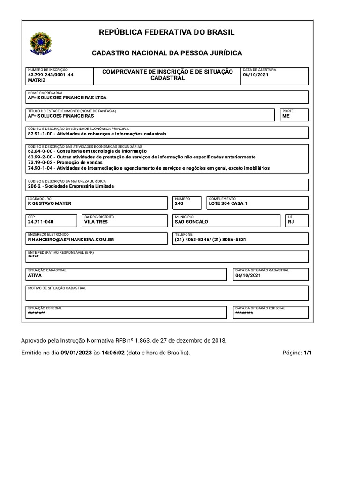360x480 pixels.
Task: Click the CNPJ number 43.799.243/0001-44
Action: pyautogui.click(x=51, y=75)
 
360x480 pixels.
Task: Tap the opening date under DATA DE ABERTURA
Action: pyautogui.click(x=255, y=75)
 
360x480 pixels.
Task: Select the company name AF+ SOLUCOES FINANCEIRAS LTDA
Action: pyautogui.click(x=67, y=98)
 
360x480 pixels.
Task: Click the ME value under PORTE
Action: pyautogui.click(x=286, y=116)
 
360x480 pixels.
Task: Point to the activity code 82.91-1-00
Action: pyautogui.click(x=40, y=134)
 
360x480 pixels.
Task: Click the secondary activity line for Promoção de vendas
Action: pyautogui.click(x=65, y=163)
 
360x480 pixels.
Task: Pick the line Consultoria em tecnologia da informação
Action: pyautogui.click(x=87, y=151)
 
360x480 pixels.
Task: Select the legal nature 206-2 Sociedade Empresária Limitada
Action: pyautogui.click(x=71, y=186)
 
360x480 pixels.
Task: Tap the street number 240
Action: pyautogui.click(x=179, y=204)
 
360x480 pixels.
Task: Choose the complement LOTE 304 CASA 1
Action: pyautogui.click(x=228, y=204)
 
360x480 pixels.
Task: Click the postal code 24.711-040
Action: pyautogui.click(x=41, y=222)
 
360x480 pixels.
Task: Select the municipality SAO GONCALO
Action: pyautogui.click(x=191, y=222)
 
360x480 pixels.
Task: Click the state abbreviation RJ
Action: pyautogui.click(x=291, y=222)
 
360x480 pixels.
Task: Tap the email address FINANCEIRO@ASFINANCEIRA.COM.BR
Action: pyautogui.click(x=71, y=240)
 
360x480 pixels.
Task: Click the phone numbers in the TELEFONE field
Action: pyautogui.click(x=210, y=240)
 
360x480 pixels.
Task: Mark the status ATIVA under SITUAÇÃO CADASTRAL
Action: pyautogui.click(x=35, y=276)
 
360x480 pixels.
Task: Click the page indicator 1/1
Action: pyautogui.click(x=307, y=352)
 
